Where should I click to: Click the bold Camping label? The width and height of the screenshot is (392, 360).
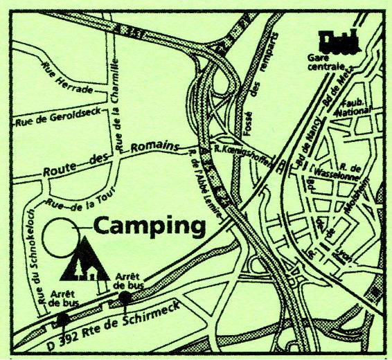150,226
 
